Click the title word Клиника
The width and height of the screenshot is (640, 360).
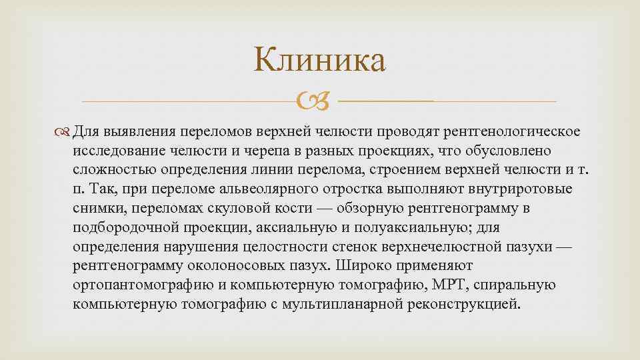(319, 62)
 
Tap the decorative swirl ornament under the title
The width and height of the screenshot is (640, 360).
(319, 102)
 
